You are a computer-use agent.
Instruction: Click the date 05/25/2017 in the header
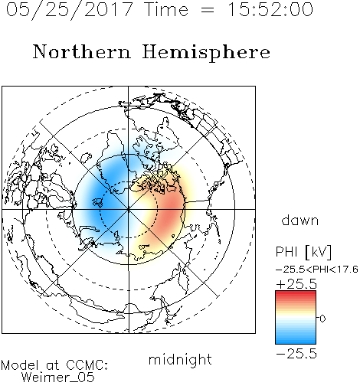pos(70,10)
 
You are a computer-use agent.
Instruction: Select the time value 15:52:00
pos(270,9)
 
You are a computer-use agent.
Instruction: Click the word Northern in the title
pos(82,51)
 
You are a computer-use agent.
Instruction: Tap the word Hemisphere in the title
pos(206,53)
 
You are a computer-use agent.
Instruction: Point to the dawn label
pos(300,220)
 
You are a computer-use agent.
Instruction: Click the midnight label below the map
pos(180,360)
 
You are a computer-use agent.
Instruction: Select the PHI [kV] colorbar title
pos(303,252)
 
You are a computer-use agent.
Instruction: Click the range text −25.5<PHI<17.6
pos(316,270)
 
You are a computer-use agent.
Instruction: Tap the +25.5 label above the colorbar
pos(296,284)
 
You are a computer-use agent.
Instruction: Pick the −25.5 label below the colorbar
pos(296,354)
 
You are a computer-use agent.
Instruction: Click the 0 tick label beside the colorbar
pos(322,319)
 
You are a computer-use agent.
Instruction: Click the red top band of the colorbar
pos(296,293)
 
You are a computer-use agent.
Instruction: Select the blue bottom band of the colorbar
pos(296,342)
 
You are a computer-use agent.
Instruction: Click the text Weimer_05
pos(58,378)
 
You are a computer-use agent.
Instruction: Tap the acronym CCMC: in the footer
pos(87,365)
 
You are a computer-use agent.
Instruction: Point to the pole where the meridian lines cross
pos(129,209)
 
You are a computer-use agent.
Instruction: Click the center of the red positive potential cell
pos(169,209)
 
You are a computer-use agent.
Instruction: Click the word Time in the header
pos(166,9)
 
